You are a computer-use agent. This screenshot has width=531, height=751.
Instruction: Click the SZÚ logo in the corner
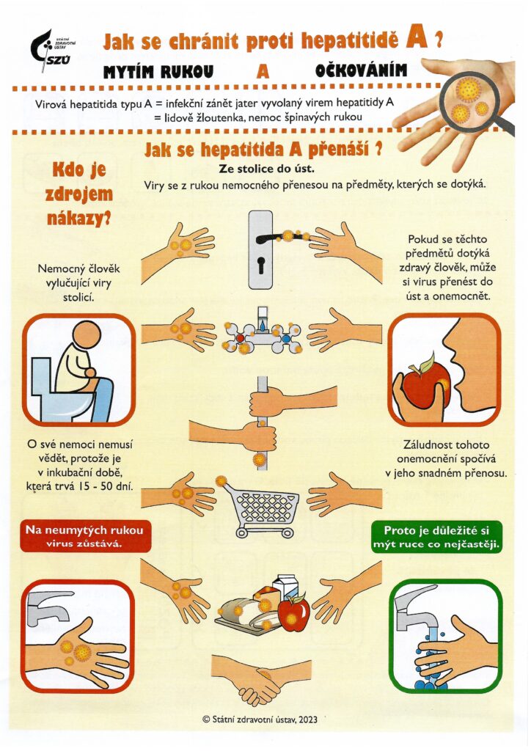point(53,49)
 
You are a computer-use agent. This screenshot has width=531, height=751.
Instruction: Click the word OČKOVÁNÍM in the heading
point(361,70)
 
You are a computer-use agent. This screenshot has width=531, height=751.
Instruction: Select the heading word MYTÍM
point(129,72)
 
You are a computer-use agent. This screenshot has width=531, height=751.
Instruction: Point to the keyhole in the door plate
point(261,264)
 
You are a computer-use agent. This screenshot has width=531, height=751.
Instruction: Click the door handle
point(282,237)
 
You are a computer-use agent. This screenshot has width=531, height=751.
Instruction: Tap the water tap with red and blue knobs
point(262,331)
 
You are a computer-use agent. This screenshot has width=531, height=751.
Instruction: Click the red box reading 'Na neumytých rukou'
point(84,536)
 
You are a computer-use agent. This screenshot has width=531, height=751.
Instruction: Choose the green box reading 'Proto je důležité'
point(436,537)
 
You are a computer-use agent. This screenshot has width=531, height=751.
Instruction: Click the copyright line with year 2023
point(260,719)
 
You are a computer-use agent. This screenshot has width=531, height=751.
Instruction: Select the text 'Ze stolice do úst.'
point(266,169)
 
